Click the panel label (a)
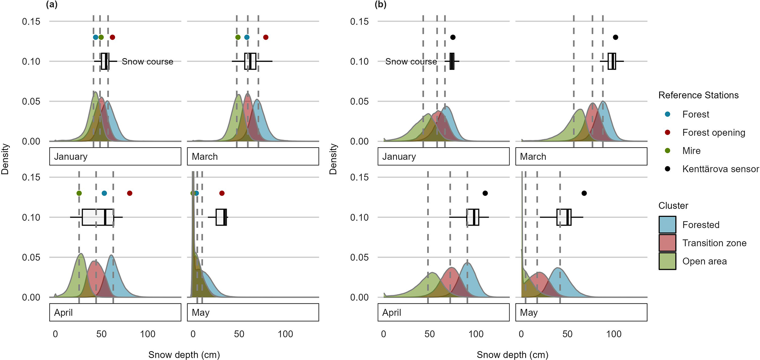(52, 5)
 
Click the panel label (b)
(380, 5)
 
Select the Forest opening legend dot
(668, 133)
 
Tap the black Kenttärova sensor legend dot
(668, 169)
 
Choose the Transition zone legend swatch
(667, 243)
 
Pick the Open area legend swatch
(667, 261)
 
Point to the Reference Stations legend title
(698, 95)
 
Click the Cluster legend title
(673, 206)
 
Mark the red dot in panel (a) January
(113, 37)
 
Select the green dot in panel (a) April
(79, 193)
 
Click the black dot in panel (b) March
(615, 37)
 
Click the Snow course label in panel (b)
(411, 61)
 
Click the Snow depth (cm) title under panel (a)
(184, 355)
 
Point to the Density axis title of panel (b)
(333, 159)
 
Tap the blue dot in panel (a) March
(247, 37)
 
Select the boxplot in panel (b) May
(564, 217)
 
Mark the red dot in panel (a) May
(221, 193)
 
